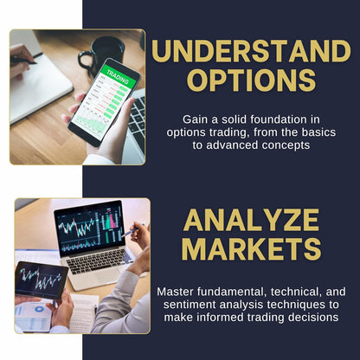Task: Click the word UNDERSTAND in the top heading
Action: click(253, 51)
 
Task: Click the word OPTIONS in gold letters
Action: click(253, 80)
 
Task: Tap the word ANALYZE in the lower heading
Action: click(253, 220)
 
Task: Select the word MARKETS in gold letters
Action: click(253, 248)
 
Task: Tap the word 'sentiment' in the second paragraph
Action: click(188, 305)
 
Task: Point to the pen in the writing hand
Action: click(23, 60)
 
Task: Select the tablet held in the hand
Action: click(41, 280)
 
